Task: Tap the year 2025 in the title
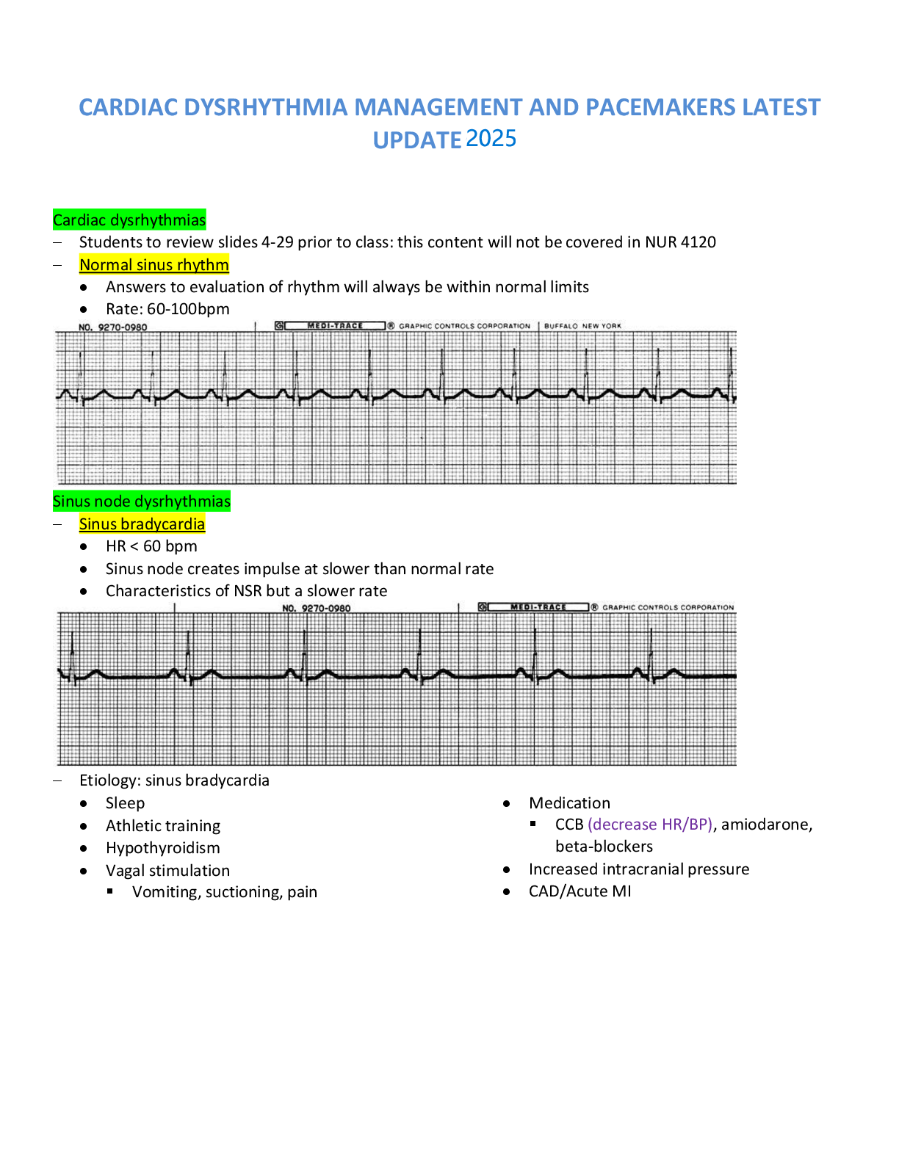(x=491, y=139)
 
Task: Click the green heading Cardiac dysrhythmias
(x=129, y=220)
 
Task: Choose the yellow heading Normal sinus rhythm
(x=154, y=265)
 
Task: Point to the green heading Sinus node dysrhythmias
(x=142, y=501)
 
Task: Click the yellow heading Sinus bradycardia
(x=142, y=524)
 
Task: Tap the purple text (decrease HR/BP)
(x=650, y=825)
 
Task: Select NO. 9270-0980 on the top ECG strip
(x=112, y=327)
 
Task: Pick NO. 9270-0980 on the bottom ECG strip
(x=317, y=609)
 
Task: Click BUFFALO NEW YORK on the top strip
(x=582, y=326)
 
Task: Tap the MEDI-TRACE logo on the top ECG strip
(x=335, y=326)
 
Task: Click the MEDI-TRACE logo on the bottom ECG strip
(x=538, y=607)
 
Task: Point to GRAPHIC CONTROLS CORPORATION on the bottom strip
(x=668, y=608)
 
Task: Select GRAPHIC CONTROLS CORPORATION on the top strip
(x=464, y=326)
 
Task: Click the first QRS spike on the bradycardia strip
(x=72, y=650)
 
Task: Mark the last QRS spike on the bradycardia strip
(x=651, y=650)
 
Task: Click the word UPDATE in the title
(x=417, y=140)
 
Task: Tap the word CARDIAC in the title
(x=128, y=108)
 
